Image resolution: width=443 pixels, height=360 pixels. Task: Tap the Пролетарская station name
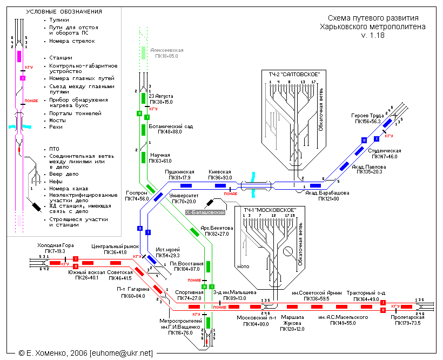pos(407,317)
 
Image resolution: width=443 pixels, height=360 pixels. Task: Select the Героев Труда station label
pos(367,116)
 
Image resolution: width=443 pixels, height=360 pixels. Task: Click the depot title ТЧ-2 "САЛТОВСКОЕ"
pos(294,73)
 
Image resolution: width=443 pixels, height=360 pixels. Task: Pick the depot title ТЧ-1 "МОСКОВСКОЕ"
pos(269,209)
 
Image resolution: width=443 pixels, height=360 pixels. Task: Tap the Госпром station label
pos(136,193)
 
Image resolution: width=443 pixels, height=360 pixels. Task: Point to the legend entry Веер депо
pos(63,174)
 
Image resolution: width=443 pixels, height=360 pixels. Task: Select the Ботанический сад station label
pos(170,126)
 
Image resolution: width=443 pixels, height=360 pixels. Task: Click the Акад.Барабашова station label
pos(327,193)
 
